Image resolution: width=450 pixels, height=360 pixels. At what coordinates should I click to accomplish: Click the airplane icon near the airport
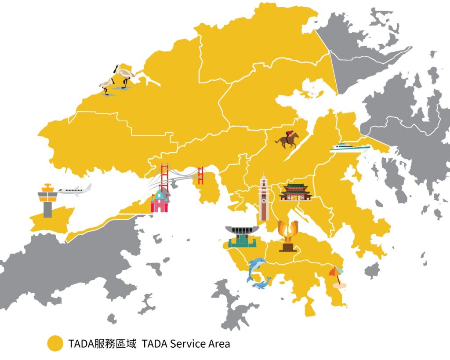(75, 190)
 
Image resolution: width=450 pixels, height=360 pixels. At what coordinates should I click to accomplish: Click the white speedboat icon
(350, 148)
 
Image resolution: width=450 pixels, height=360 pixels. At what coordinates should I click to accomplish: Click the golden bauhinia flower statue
(288, 236)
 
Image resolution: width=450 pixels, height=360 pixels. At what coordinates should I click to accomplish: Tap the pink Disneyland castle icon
(160, 201)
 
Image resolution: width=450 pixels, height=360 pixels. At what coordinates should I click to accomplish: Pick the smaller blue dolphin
(262, 284)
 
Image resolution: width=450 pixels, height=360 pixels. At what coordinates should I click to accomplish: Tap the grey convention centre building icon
(240, 236)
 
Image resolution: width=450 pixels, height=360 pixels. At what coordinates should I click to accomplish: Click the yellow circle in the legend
(55, 343)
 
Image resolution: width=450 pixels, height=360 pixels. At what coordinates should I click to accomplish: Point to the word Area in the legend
(218, 343)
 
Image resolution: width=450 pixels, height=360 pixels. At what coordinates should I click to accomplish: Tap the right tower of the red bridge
(201, 175)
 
